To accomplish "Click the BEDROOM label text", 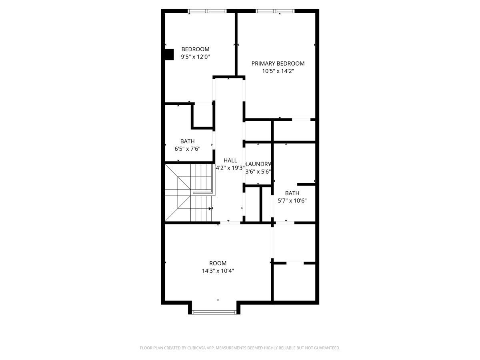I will (195, 49).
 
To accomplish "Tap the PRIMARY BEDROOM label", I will (278, 64).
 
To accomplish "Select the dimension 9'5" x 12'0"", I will (195, 57).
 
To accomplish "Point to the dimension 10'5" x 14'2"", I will (278, 71).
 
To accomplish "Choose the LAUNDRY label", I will (258, 164).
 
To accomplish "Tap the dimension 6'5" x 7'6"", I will (187, 149).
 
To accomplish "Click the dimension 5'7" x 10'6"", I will (292, 201).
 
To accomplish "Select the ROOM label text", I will (218, 263).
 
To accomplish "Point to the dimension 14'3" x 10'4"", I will (218, 271).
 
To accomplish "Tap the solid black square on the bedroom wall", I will (169, 54).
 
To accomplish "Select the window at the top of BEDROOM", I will (207, 11).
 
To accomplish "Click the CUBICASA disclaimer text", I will (240, 348).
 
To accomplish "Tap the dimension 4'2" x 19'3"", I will (230, 168).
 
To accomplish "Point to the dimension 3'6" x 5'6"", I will (258, 172).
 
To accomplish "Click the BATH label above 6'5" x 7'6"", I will (187, 141).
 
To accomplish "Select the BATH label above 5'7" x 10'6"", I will (292, 193).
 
